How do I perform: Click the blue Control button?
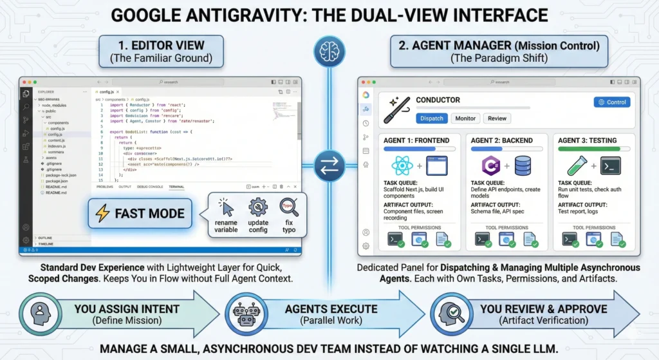pyautogui.click(x=611, y=102)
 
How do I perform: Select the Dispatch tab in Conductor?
pyautogui.click(x=431, y=118)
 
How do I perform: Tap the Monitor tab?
pyautogui.click(x=465, y=118)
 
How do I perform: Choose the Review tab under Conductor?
pyautogui.click(x=497, y=118)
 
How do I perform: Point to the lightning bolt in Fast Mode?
pyautogui.click(x=103, y=213)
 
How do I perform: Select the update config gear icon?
pyautogui.click(x=258, y=207)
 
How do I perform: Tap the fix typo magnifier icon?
pyautogui.click(x=289, y=207)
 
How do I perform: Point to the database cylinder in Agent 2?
pyautogui.click(x=522, y=166)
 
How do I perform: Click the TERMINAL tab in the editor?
pyautogui.click(x=176, y=187)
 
